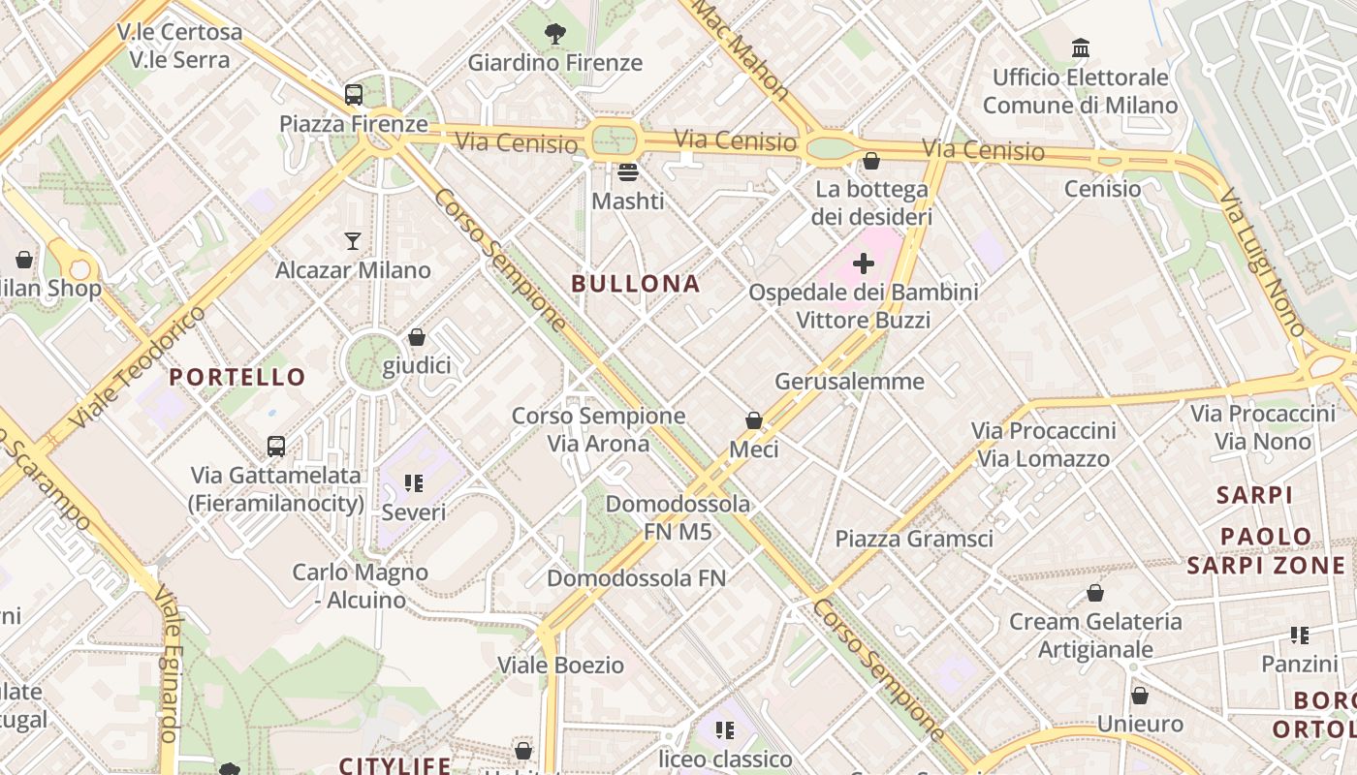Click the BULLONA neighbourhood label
pos(635,284)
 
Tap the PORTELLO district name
pos(237,377)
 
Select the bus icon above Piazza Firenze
pos(354,95)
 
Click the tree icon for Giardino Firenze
pos(555,35)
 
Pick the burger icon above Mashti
pos(628,172)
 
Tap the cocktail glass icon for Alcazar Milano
pos(353,241)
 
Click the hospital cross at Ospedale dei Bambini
pos(863,263)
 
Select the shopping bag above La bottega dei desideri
pos(871,161)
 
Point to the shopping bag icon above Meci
pos(754,420)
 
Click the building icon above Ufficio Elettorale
pos(1080,47)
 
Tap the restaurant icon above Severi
pos(414,482)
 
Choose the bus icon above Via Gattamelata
pos(276,447)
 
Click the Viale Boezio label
pos(560,666)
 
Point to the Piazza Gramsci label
pos(914,539)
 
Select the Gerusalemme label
pos(849,382)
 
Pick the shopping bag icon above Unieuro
pos(1140,696)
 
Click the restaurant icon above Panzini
pos(1299,635)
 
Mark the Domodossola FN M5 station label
pos(678,517)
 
